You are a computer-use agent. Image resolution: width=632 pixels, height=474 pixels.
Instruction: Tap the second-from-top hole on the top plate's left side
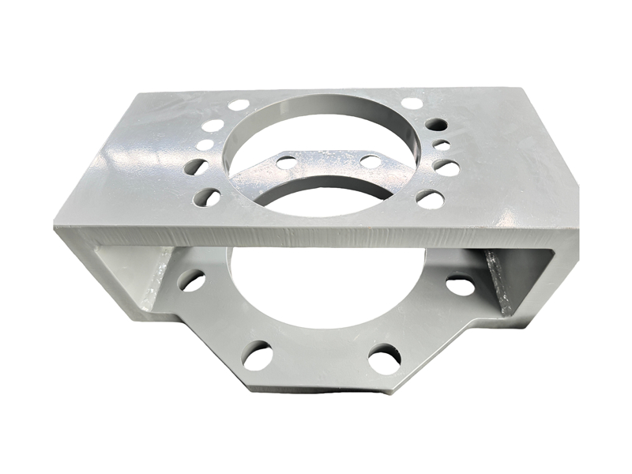pyautogui.click(x=213, y=125)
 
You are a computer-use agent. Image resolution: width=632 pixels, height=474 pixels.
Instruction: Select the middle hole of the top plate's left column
pyautogui.click(x=205, y=145)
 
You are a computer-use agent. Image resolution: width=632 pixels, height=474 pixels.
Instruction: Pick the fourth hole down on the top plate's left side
pyautogui.click(x=196, y=166)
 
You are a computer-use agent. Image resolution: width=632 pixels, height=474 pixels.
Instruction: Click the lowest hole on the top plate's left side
pyautogui.click(x=206, y=196)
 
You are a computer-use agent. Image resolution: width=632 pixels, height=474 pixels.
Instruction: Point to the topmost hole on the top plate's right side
pyautogui.click(x=412, y=103)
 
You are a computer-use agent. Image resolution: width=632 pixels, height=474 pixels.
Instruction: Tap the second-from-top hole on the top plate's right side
pyautogui.click(x=436, y=124)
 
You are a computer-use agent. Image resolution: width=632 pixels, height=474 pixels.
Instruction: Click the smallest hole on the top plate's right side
pyautogui.click(x=442, y=145)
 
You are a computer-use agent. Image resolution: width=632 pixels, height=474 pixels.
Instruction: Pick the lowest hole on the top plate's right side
pyautogui.click(x=430, y=199)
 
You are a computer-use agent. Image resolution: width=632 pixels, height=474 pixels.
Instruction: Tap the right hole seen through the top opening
pyautogui.click(x=371, y=161)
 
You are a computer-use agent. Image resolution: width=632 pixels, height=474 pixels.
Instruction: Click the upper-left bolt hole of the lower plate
pyautogui.click(x=191, y=279)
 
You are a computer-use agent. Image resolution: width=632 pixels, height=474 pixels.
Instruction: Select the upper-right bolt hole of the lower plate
pyautogui.click(x=461, y=285)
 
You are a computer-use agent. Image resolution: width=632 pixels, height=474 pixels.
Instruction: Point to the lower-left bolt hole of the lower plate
pyautogui.click(x=257, y=355)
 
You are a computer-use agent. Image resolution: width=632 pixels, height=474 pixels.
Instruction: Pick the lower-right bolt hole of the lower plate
pyautogui.click(x=384, y=359)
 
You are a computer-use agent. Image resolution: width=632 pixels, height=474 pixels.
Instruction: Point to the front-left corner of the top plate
pyautogui.click(x=55, y=225)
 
